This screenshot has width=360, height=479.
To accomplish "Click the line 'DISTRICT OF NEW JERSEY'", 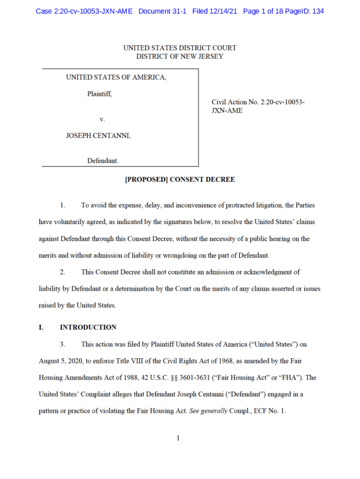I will (180, 57).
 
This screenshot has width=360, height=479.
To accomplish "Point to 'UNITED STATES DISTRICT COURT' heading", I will (180, 48).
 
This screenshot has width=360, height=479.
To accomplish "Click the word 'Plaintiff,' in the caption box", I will (100, 94).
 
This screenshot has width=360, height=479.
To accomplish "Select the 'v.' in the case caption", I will (102, 119).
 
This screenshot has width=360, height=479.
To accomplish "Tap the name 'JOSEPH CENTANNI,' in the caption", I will (98, 136).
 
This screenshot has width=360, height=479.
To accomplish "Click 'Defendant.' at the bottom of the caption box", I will (103, 161).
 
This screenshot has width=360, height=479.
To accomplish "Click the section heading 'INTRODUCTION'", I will (88, 327).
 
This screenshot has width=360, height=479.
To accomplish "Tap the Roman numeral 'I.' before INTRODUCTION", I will (41, 327).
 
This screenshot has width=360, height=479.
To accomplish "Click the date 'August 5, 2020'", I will (60, 362).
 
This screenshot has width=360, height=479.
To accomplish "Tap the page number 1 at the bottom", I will (178, 438).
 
